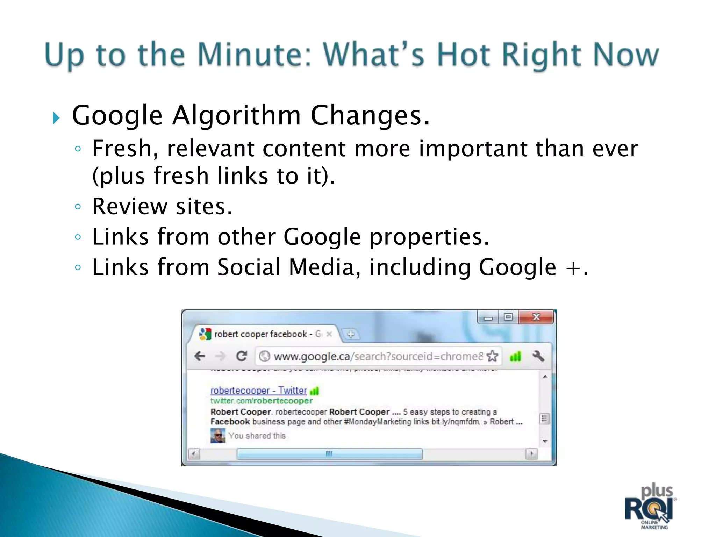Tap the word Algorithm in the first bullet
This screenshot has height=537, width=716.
(x=236, y=116)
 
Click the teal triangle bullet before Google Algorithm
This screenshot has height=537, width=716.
(x=56, y=118)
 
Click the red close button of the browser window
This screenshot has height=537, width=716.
(x=536, y=317)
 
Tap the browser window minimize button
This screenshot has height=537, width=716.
(x=488, y=318)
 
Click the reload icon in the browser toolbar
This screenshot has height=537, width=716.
(x=241, y=356)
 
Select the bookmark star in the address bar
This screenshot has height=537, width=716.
(x=492, y=356)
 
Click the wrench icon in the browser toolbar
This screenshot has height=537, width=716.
(x=538, y=356)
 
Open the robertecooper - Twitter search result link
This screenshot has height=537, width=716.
(x=258, y=391)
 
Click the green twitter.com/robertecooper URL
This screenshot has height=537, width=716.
(x=261, y=401)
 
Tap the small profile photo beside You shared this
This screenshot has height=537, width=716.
(x=217, y=436)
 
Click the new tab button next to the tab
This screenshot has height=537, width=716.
(x=351, y=334)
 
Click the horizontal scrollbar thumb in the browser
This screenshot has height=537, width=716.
(x=329, y=454)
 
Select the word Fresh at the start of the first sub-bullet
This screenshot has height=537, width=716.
(x=122, y=149)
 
